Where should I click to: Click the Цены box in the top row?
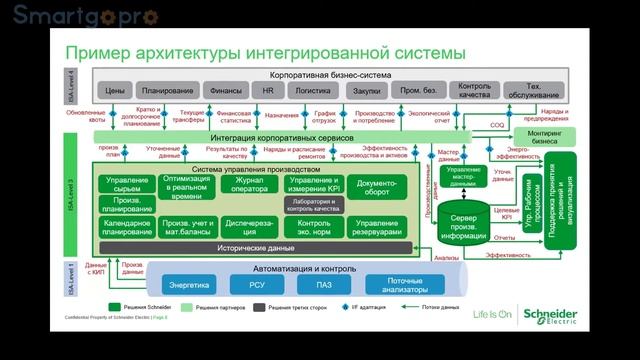pos(115,91)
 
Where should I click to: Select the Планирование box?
pos(167,91)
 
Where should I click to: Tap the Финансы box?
pos(226,91)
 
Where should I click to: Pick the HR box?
pos(268,91)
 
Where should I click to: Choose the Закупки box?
pos(367,91)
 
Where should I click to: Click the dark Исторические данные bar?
pos(256,246)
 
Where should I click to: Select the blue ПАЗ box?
pos(322,284)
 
